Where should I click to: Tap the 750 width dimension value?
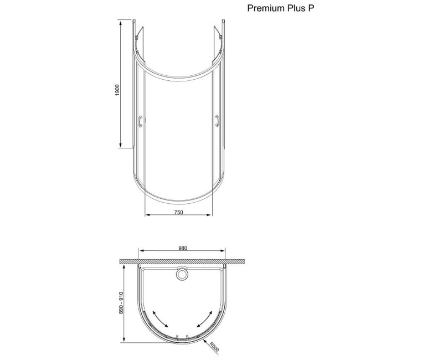[178, 213]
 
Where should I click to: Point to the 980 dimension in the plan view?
[183, 248]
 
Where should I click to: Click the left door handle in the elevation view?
[141, 121]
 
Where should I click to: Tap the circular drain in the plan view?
[182, 273]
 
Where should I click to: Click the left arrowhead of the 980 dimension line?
[140, 251]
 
